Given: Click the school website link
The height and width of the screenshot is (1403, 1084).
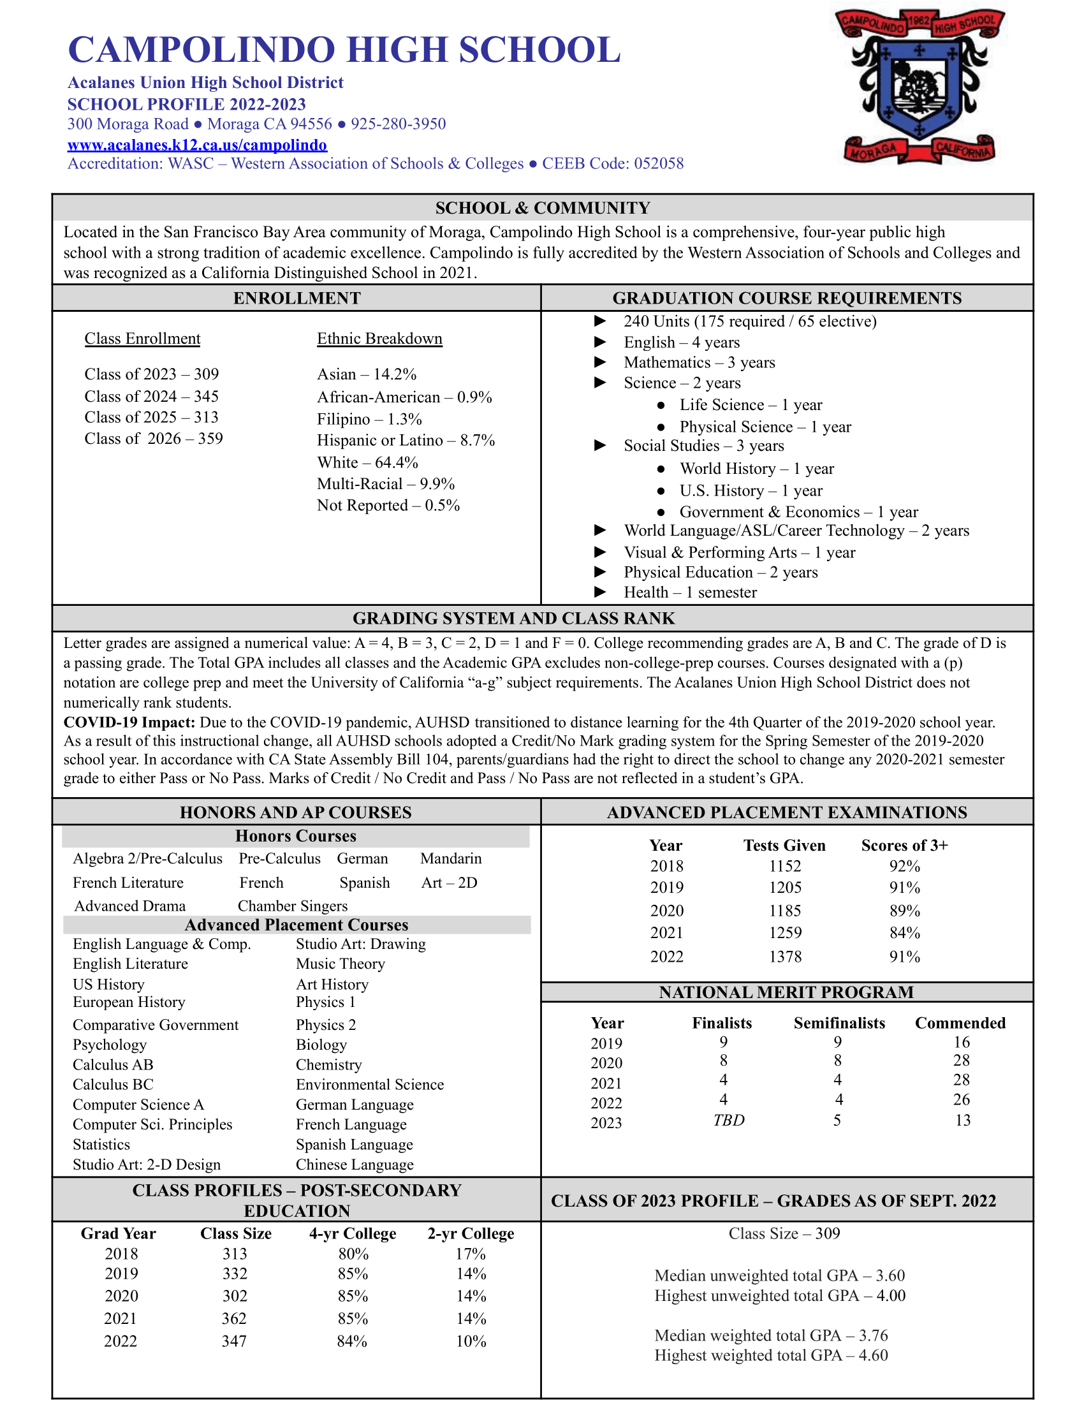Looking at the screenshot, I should pyautogui.click(x=197, y=145).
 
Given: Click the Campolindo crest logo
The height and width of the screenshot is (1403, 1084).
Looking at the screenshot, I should pyautogui.click(x=919, y=85).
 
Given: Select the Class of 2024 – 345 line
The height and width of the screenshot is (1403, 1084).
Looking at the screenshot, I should pyautogui.click(x=152, y=396).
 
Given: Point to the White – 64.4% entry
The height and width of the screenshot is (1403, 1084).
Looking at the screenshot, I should pyautogui.click(x=367, y=462).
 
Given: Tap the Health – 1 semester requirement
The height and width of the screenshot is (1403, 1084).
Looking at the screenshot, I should pyautogui.click(x=690, y=592).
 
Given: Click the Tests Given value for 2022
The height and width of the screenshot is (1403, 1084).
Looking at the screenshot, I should pyautogui.click(x=785, y=957).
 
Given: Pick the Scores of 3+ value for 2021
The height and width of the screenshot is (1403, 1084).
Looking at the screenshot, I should pyautogui.click(x=904, y=932).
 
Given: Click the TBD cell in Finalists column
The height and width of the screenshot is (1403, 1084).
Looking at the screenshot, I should pyautogui.click(x=728, y=1120).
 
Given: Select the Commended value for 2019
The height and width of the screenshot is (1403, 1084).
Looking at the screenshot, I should pyautogui.click(x=962, y=1041).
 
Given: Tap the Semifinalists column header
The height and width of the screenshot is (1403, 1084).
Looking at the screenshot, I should pyautogui.click(x=839, y=1023).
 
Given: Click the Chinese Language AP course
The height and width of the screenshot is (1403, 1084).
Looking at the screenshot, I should pyautogui.click(x=355, y=1164).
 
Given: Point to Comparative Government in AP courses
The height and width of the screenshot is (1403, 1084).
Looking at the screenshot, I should pyautogui.click(x=156, y=1025).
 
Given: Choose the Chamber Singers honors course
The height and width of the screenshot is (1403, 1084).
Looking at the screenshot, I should pyautogui.click(x=292, y=906).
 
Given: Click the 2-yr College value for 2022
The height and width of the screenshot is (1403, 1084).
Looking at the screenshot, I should pyautogui.click(x=471, y=1341).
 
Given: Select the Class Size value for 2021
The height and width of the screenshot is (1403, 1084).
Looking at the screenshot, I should pyautogui.click(x=235, y=1318).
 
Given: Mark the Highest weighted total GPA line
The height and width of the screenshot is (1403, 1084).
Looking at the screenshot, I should pyautogui.click(x=771, y=1355).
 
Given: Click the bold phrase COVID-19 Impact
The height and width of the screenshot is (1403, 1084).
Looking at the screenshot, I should pyautogui.click(x=129, y=722).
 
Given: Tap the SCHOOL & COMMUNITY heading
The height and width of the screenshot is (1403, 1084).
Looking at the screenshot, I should pyautogui.click(x=542, y=208).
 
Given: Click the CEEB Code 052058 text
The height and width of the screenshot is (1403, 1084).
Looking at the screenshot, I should pyautogui.click(x=613, y=163).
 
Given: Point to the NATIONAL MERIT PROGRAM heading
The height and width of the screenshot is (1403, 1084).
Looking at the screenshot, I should pyautogui.click(x=786, y=992).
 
